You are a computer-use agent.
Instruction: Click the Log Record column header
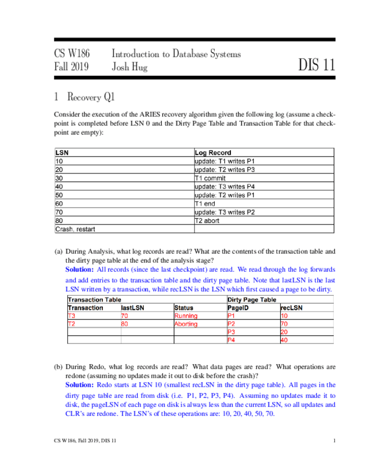pyautogui.click(x=212, y=153)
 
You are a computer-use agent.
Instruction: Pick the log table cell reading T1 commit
pyautogui.click(x=210, y=178)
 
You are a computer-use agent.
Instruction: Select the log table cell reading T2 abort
pyautogui.click(x=207, y=221)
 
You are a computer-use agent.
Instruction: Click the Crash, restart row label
pyautogui.click(x=75, y=229)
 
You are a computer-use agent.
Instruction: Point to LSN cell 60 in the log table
pyautogui.click(x=59, y=203)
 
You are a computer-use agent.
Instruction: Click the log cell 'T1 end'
pyautogui.click(x=205, y=203)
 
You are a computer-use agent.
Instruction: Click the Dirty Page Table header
pyautogui.click(x=251, y=300)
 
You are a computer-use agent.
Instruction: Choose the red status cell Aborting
pyautogui.click(x=186, y=324)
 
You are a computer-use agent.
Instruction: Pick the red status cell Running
pyautogui.click(x=186, y=316)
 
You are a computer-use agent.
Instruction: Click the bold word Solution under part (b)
pyautogui.click(x=79, y=385)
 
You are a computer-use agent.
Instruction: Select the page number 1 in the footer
pyautogui.click(x=334, y=441)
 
